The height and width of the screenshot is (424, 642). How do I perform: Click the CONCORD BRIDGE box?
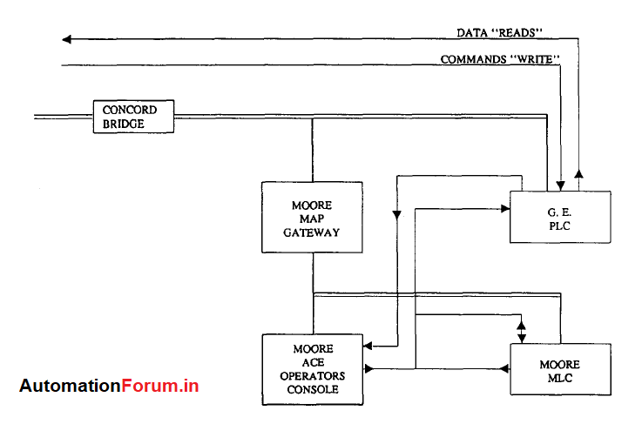pos(133,117)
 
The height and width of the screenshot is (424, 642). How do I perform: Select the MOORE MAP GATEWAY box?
pos(312,219)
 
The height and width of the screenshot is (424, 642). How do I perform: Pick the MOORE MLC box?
pos(559,369)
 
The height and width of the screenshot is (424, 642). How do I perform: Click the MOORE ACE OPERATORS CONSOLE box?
pos(313,369)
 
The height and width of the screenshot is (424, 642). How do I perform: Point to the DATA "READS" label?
pos(500,32)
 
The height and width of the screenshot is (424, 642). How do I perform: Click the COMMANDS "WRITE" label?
pos(499,59)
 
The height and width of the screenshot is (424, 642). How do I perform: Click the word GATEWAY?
pos(312,232)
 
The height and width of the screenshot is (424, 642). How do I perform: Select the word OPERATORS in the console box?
pos(313,376)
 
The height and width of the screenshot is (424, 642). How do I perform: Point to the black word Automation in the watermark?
pos(70,386)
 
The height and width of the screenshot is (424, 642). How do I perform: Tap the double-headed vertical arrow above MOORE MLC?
pos(522,330)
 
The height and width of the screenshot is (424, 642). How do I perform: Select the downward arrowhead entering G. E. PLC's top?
pos(562,184)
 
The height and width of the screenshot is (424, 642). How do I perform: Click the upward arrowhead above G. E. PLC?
pos(580,172)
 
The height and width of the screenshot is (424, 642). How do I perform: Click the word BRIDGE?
pos(122,124)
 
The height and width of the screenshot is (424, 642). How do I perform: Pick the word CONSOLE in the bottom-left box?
pos(313,389)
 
